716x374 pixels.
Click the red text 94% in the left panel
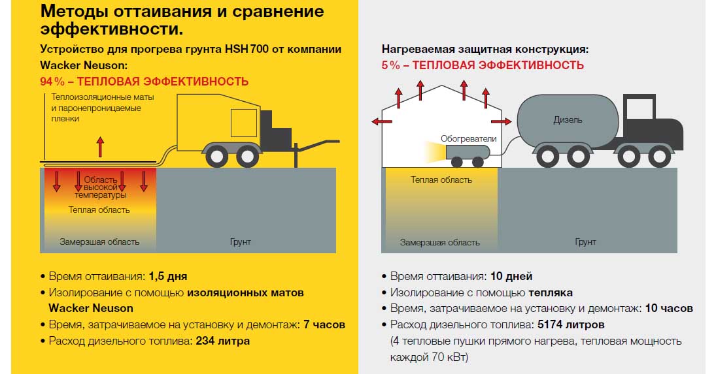coord(52,82)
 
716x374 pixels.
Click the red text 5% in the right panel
coord(391,65)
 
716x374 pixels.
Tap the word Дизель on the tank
coord(568,120)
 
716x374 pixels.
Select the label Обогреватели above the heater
coord(468,139)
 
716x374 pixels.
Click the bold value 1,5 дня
coord(168,277)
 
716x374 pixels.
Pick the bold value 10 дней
coord(511,277)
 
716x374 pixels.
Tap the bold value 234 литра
coord(223,341)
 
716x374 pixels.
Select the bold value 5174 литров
coord(571,325)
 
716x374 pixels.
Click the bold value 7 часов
coord(324,325)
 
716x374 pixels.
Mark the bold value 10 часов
coord(669,308)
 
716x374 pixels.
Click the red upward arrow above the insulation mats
coord(101,147)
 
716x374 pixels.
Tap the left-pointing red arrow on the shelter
coord(382,121)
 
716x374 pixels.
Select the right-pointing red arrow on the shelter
coord(502,121)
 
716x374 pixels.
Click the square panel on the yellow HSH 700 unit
coord(244,123)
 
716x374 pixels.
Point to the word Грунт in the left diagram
coord(240,242)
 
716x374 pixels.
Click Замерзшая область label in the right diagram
coord(440,242)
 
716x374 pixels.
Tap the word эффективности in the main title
coord(112,29)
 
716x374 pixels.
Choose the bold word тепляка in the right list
coord(551,293)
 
